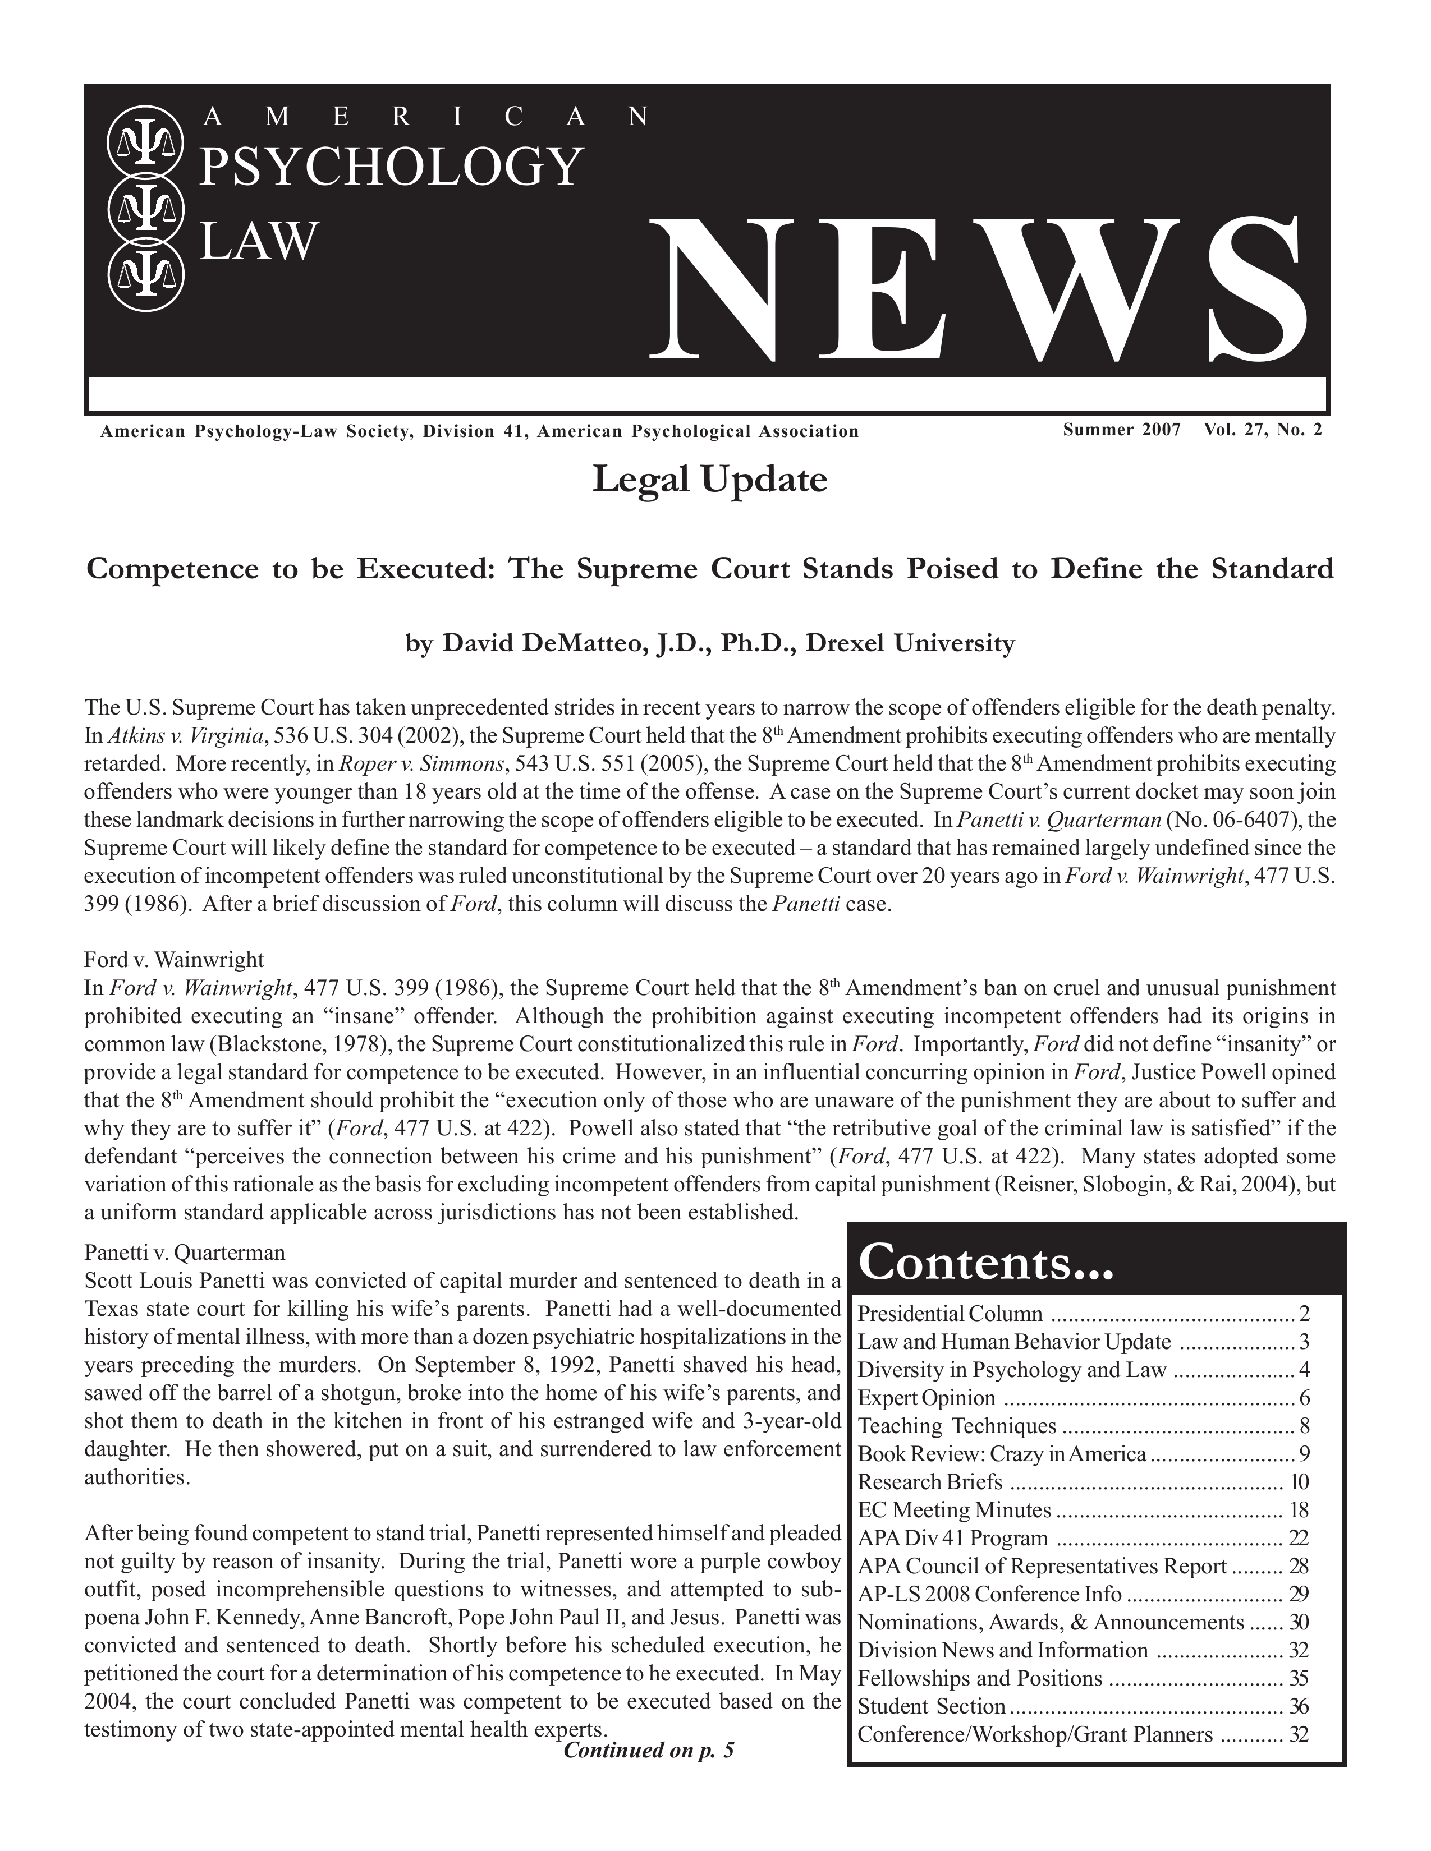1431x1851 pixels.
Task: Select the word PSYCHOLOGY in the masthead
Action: [x=391, y=167]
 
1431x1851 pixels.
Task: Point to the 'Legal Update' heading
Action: [x=709, y=481]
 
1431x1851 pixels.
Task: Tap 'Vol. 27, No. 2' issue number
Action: [x=1262, y=430]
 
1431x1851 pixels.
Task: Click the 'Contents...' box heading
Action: [x=985, y=1263]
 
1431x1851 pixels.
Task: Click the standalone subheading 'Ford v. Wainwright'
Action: [x=174, y=960]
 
